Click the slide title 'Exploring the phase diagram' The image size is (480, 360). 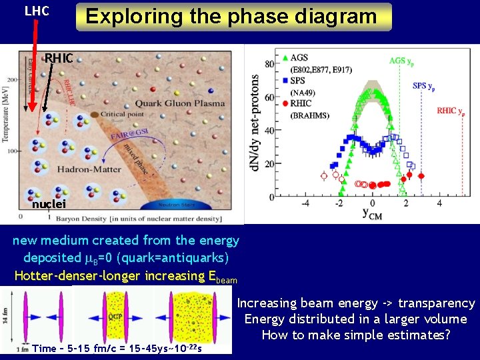(234, 16)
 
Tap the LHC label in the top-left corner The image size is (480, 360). (37, 11)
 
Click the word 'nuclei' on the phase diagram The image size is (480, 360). (48, 204)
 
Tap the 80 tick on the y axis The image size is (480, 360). (269, 64)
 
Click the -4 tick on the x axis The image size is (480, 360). (305, 203)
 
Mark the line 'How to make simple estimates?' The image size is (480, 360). (356, 335)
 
